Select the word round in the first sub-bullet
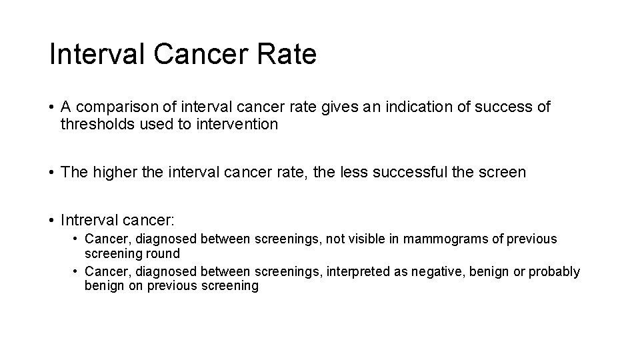165,253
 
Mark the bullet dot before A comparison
52,107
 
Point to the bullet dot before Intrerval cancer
52,220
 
